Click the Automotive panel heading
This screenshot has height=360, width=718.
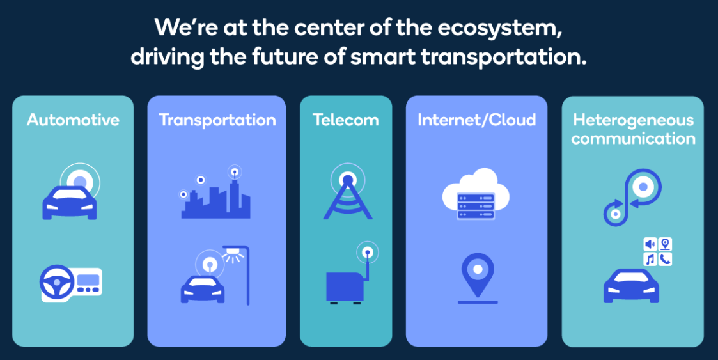click(73, 120)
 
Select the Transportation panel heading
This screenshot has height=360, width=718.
click(217, 120)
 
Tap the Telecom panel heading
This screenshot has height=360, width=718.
click(345, 120)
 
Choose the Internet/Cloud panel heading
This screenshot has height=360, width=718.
click(476, 120)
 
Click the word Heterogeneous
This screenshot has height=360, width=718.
click(633, 120)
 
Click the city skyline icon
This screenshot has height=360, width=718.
click(215, 198)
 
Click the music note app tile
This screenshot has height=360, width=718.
click(650, 259)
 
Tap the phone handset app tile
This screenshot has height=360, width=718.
click(665, 259)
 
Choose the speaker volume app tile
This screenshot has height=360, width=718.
click(650, 244)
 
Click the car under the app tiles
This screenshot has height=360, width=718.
click(632, 286)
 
